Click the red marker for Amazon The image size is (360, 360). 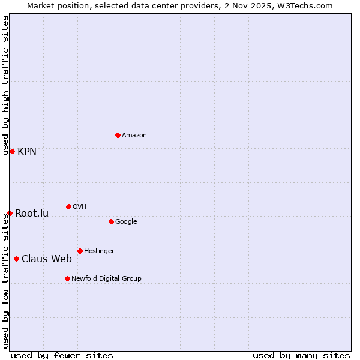(118, 135)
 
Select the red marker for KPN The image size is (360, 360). (12, 151)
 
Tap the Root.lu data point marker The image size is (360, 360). (10, 213)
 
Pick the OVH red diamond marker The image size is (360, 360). (68, 206)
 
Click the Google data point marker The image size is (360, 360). (111, 221)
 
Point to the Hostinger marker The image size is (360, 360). (80, 251)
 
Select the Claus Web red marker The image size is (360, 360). (16, 259)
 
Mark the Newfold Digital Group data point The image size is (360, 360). (67, 278)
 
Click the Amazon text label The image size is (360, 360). (134, 136)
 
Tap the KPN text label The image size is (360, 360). (27, 152)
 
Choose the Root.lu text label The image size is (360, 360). (32, 214)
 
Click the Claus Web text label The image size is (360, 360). (47, 259)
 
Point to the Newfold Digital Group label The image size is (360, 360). (106, 279)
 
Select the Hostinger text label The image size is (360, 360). (99, 251)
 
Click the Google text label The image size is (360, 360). (126, 222)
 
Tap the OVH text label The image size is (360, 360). (79, 207)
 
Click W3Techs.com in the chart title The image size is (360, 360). (308, 6)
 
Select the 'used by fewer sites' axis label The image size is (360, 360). (62, 356)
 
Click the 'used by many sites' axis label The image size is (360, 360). (301, 356)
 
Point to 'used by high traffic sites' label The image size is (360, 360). (5, 86)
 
